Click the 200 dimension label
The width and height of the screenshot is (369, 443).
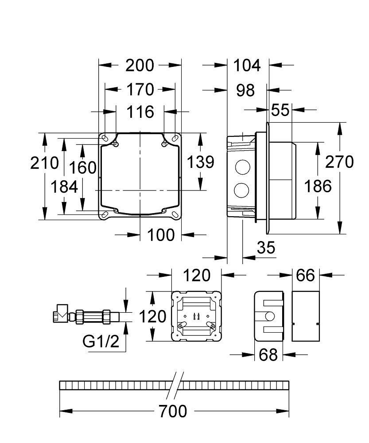click(140, 66)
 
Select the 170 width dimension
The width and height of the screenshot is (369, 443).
click(140, 89)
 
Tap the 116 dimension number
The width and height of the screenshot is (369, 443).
click(140, 112)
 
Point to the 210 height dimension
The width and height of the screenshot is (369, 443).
click(44, 163)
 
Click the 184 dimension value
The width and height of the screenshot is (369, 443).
click(64, 187)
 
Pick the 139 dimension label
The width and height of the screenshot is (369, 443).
click(200, 162)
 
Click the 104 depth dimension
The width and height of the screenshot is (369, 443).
click(247, 66)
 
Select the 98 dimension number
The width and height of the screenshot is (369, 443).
click(245, 90)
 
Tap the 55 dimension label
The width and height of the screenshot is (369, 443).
click(280, 110)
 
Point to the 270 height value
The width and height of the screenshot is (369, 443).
click(340, 162)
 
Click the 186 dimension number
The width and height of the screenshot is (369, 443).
click(318, 186)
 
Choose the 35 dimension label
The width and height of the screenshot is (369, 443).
click(266, 248)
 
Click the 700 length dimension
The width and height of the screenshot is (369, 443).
click(173, 412)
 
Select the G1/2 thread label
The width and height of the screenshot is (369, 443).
click(101, 341)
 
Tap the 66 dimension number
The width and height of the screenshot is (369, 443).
click(305, 276)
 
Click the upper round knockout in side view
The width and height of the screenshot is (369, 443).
click(242, 167)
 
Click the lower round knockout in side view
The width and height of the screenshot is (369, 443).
click(242, 191)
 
